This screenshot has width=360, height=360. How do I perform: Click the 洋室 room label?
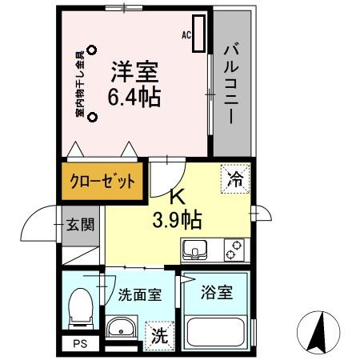pos(134,70)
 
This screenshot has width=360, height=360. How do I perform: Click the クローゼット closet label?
pos(102,182)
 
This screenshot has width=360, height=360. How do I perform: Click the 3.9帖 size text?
pos(178,218)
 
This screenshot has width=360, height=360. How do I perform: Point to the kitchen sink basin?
pos(197,251)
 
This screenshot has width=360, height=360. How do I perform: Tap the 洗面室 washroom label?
pos(139,294)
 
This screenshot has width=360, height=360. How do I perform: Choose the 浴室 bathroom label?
pos(217,292)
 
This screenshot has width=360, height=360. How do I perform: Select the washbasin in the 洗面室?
pos(122,328)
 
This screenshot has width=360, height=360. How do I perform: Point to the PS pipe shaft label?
pos(79,345)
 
